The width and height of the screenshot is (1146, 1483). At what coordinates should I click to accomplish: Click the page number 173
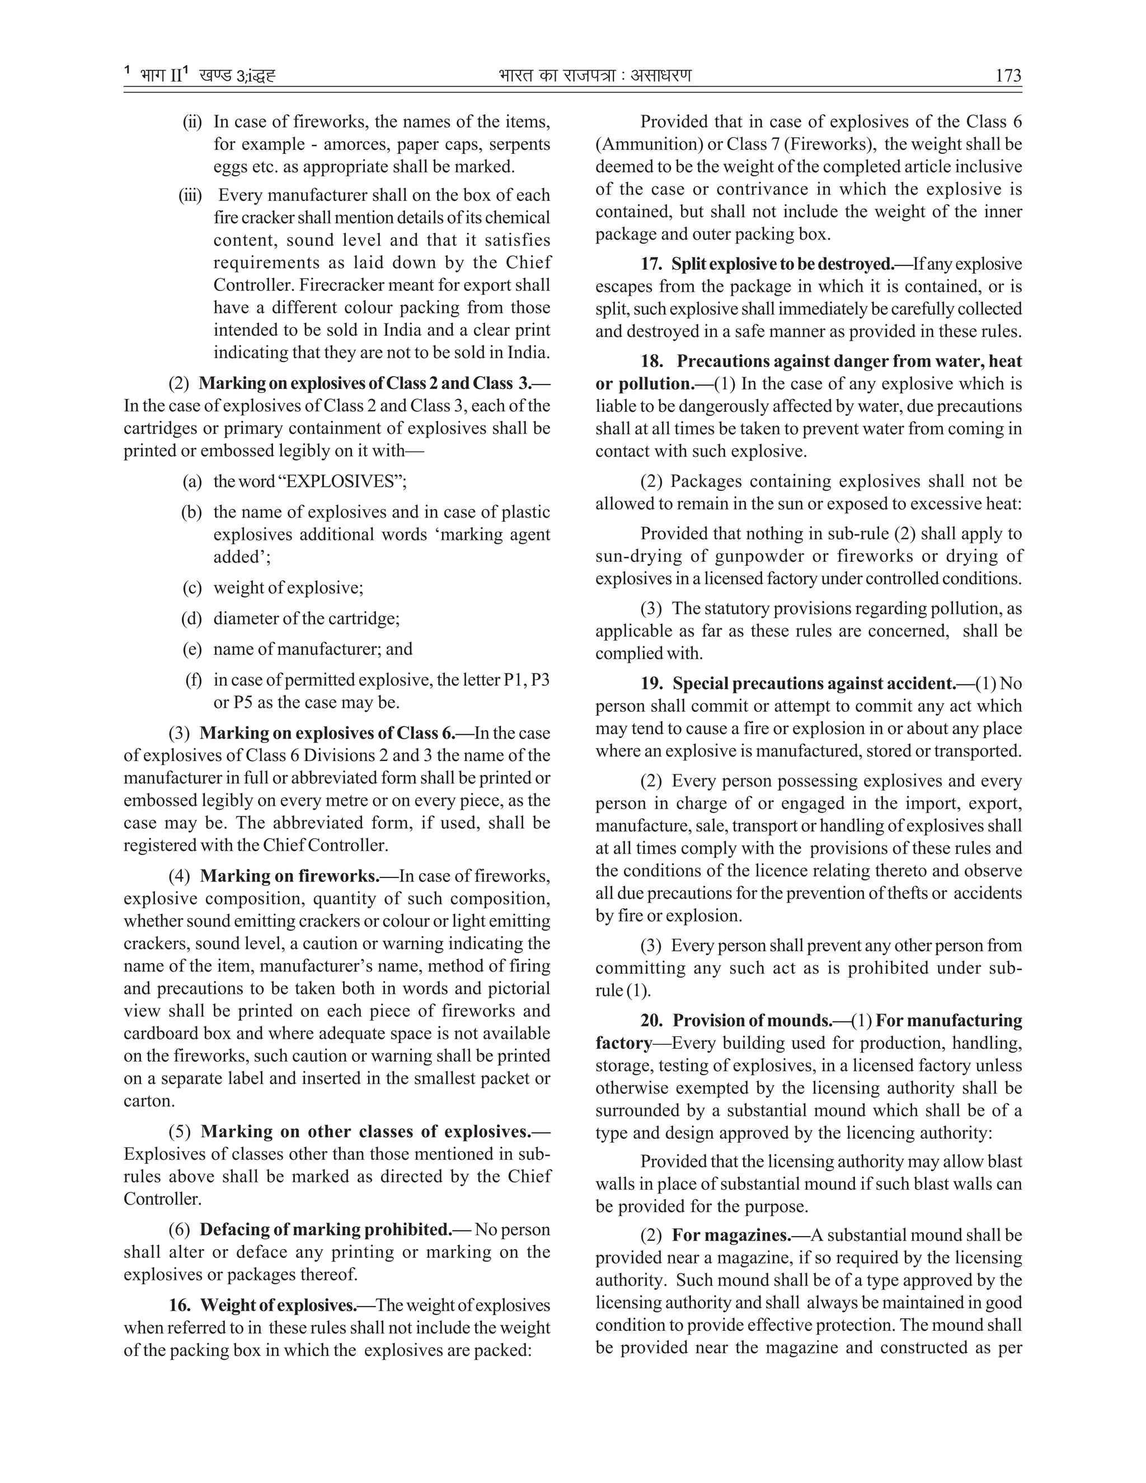(1007, 76)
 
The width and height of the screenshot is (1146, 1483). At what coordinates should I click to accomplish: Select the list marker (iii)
(190, 195)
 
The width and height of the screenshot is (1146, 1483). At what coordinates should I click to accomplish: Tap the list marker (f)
(194, 680)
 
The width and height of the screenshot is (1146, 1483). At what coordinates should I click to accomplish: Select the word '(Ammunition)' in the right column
(637, 144)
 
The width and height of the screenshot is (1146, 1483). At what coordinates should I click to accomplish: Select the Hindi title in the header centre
(595, 76)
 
